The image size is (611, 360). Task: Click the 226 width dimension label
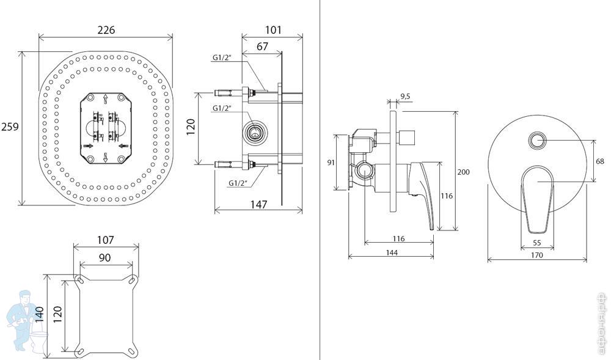click(106, 30)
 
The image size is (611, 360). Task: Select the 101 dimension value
click(273, 30)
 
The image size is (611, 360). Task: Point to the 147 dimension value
click(258, 205)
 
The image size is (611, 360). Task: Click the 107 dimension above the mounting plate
click(106, 240)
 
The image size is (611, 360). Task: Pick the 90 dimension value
click(104, 258)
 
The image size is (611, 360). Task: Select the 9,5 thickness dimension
click(405, 96)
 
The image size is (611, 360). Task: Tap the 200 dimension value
click(464, 172)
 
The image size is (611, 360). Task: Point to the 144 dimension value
click(391, 253)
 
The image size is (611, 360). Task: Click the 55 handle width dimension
click(538, 243)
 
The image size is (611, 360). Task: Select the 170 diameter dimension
click(537, 255)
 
